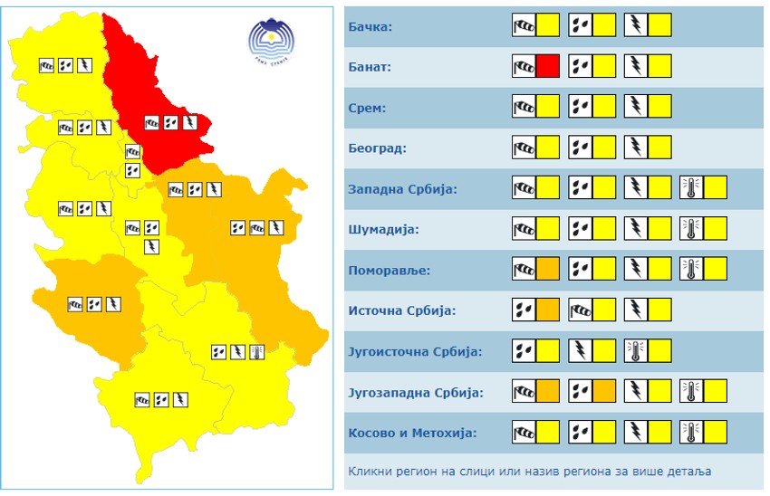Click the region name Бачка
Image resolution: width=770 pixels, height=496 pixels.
[x=371, y=26]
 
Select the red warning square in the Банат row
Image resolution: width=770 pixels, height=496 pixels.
[x=547, y=66]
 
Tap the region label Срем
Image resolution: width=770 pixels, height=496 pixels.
[x=368, y=108]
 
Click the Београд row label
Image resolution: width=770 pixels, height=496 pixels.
[x=378, y=148]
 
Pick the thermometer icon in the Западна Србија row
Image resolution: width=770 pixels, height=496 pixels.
[x=691, y=188]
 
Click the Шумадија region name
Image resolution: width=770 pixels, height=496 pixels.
[x=384, y=230]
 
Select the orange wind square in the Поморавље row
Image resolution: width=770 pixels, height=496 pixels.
[x=547, y=270]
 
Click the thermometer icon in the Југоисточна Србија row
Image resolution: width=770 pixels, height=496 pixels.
[x=635, y=351]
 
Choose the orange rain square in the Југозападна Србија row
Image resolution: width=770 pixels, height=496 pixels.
[x=604, y=392]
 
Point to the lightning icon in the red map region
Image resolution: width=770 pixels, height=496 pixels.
[x=190, y=122]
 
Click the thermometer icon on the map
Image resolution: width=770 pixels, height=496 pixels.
[x=256, y=352]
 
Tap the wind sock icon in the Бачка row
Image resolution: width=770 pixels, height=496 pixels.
[x=524, y=25]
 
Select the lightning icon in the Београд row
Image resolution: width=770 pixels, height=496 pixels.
[x=636, y=148]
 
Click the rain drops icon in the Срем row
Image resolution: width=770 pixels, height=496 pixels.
[x=580, y=107]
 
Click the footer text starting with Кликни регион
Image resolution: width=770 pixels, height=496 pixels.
[x=529, y=471]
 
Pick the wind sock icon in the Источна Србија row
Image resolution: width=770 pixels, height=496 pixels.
[x=580, y=310]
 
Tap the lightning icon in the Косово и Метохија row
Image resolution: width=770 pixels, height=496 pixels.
[x=636, y=433]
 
